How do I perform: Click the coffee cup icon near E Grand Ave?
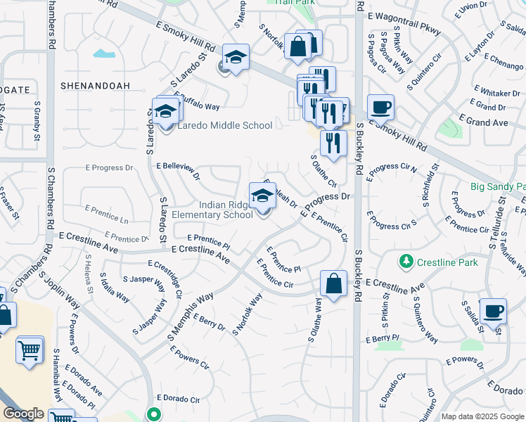click(x=380, y=108)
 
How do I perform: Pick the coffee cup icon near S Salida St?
click(x=493, y=310)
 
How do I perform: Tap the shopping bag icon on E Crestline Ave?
click(x=333, y=283)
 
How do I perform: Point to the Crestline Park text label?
click(x=447, y=263)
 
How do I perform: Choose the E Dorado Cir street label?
click(x=179, y=398)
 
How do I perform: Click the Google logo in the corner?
click(x=23, y=414)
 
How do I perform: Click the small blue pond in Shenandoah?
click(x=103, y=53)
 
